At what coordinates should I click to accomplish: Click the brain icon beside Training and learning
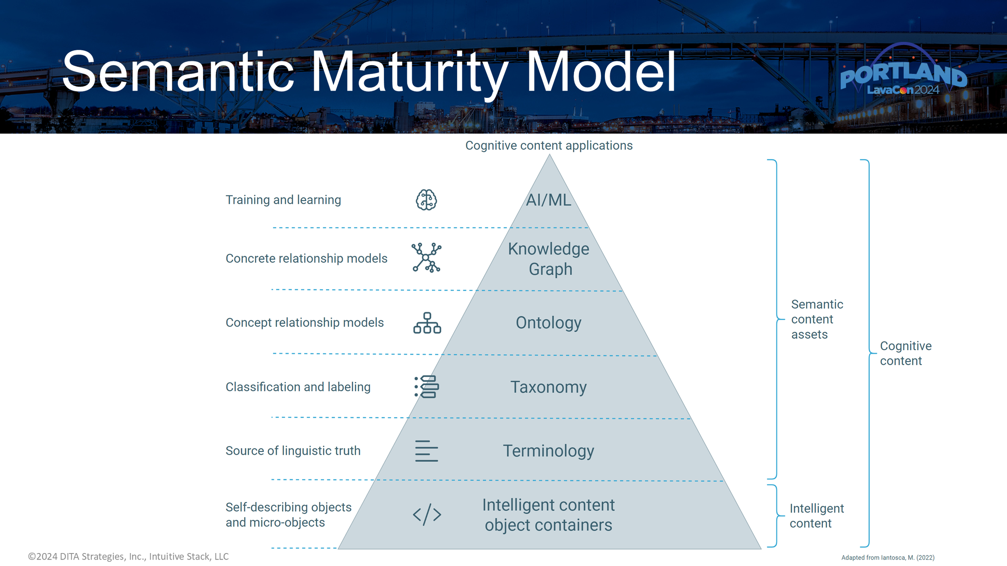pyautogui.click(x=426, y=200)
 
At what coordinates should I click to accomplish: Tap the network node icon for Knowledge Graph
pyautogui.click(x=426, y=258)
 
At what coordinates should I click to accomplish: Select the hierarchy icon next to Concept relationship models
pyautogui.click(x=427, y=323)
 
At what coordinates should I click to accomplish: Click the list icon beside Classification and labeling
pyautogui.click(x=427, y=387)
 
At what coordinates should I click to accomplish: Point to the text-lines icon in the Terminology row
pyautogui.click(x=426, y=451)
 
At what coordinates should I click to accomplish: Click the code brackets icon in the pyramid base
pyautogui.click(x=427, y=514)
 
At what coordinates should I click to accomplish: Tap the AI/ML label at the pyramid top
pyautogui.click(x=549, y=200)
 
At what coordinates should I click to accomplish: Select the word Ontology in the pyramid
pyautogui.click(x=549, y=323)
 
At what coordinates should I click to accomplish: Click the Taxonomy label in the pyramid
pyautogui.click(x=549, y=387)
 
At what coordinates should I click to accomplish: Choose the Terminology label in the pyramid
pyautogui.click(x=549, y=451)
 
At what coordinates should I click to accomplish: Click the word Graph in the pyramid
pyautogui.click(x=550, y=269)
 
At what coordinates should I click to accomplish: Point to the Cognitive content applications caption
pyautogui.click(x=549, y=145)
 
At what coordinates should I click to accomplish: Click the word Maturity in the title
pyautogui.click(x=410, y=72)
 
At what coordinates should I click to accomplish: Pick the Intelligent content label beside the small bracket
pyautogui.click(x=816, y=516)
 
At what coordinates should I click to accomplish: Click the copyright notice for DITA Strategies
pyautogui.click(x=128, y=556)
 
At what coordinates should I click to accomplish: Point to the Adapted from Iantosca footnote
pyautogui.click(x=887, y=558)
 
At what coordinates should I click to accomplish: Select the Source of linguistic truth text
pyautogui.click(x=293, y=450)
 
